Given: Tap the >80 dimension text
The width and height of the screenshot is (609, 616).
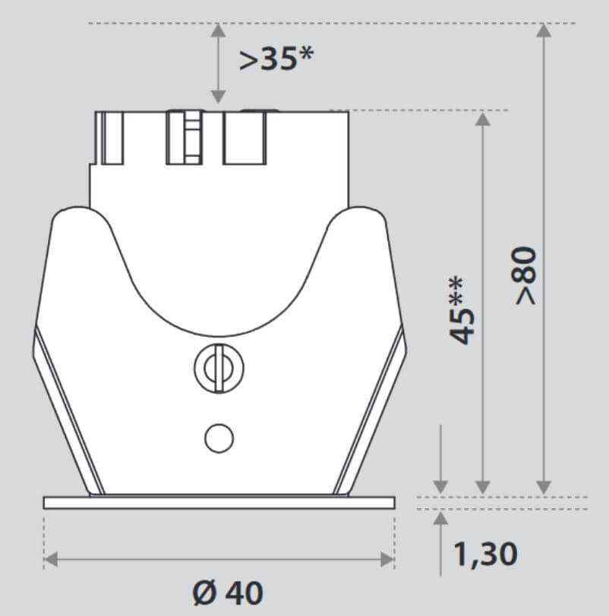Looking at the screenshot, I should [x=525, y=275].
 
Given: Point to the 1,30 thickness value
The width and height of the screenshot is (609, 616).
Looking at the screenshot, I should [x=486, y=554].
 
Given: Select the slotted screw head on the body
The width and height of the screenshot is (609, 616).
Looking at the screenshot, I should [x=219, y=369].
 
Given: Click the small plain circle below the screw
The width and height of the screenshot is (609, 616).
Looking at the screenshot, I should [x=219, y=437].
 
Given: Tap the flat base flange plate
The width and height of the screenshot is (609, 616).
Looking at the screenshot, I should [x=219, y=502].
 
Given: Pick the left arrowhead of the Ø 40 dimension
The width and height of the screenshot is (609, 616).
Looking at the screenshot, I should [x=50, y=561].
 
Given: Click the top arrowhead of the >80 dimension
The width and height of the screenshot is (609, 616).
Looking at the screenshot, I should [x=543, y=31].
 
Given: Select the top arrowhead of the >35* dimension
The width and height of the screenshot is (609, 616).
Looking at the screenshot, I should [x=218, y=31].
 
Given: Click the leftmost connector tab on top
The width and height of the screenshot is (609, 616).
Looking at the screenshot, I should [x=110, y=137].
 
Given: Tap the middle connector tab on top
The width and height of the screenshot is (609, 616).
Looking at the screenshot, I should [x=185, y=137].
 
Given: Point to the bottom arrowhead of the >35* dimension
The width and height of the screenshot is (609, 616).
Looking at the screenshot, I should [x=218, y=96].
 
